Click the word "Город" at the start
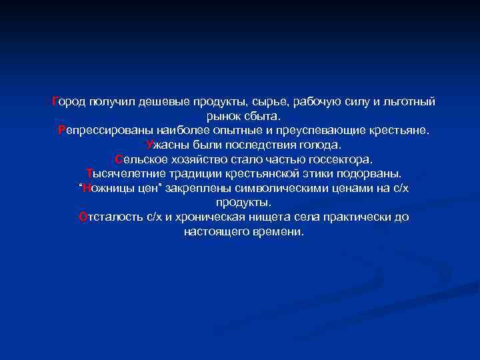(x=68, y=101)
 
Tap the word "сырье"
(x=270, y=101)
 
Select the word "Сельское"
(x=138, y=159)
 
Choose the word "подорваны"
(x=369, y=174)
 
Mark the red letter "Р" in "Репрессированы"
(x=62, y=131)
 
